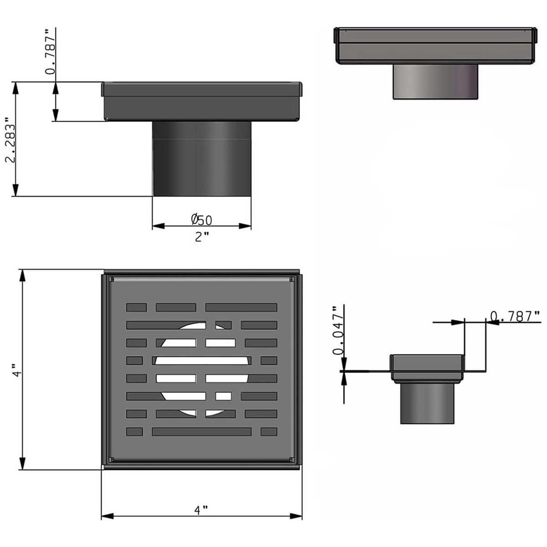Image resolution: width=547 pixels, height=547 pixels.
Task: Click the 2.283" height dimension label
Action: pyautogui.click(x=10, y=140)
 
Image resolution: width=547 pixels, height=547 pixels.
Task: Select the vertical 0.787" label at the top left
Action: pyautogui.click(x=52, y=51)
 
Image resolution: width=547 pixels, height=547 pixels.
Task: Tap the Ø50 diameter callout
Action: pyautogui.click(x=201, y=220)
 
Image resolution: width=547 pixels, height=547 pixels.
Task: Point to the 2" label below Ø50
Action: pyautogui.click(x=201, y=237)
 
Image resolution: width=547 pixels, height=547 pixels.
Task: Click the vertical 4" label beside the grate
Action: pyautogui.click(x=17, y=370)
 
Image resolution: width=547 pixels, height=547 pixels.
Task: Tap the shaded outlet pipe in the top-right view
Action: pyautogui.click(x=436, y=81)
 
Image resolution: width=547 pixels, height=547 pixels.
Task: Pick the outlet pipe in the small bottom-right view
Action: pyautogui.click(x=428, y=403)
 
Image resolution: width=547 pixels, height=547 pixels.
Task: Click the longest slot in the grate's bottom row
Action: pyautogui.click(x=201, y=431)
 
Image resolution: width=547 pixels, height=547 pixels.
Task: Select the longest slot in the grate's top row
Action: pyautogui.click(x=241, y=307)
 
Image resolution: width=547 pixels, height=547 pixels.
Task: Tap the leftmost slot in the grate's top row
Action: pyautogui.click(x=136, y=307)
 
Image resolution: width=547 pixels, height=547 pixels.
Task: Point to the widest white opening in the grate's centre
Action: pyautogui.click(x=201, y=361)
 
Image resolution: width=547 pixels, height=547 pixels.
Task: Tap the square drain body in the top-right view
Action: pyautogui.click(x=435, y=46)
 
